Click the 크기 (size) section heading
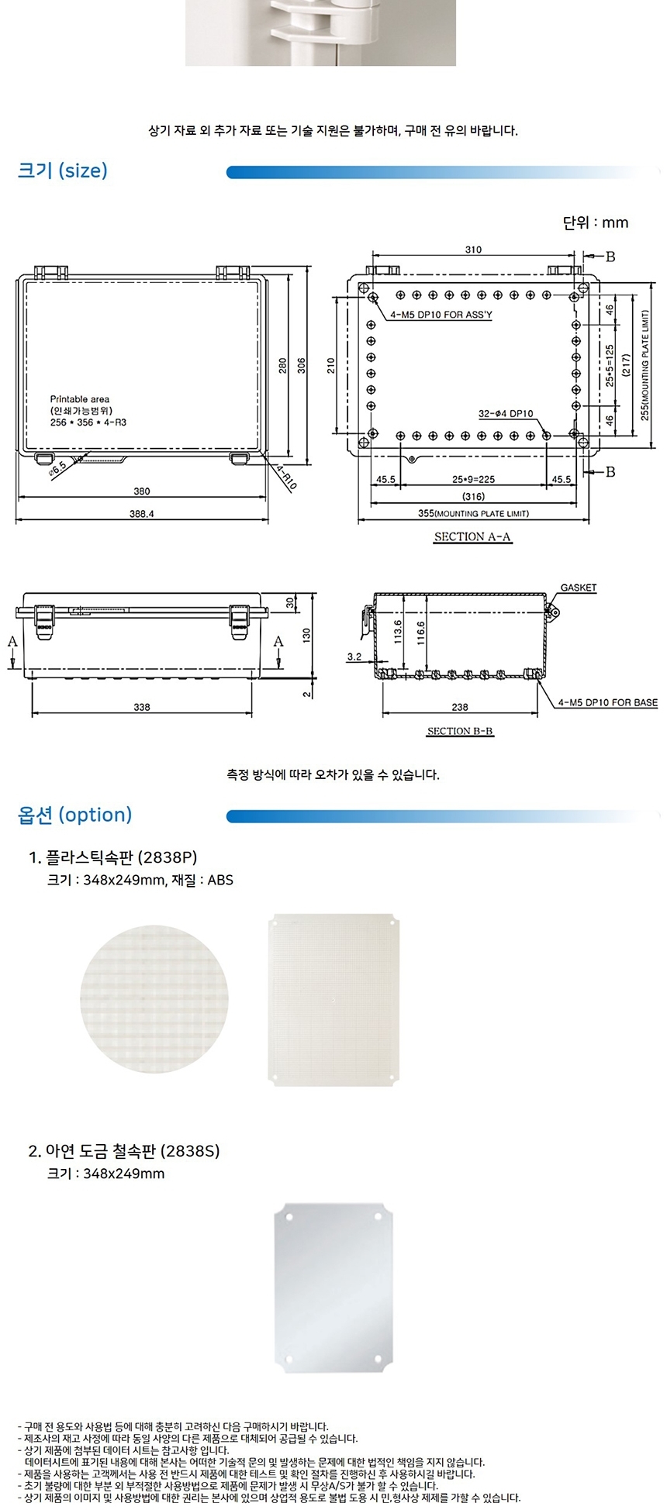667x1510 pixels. [63, 171]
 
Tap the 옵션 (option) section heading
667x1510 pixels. [75, 815]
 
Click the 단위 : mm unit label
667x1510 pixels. [596, 222]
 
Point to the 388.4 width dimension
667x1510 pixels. [142, 514]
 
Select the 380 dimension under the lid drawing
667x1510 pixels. [142, 491]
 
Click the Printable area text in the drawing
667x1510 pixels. [80, 399]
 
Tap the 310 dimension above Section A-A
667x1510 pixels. [473, 250]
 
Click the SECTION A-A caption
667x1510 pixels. [472, 536]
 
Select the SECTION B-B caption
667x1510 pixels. [460, 731]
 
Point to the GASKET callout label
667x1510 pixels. [579, 588]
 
